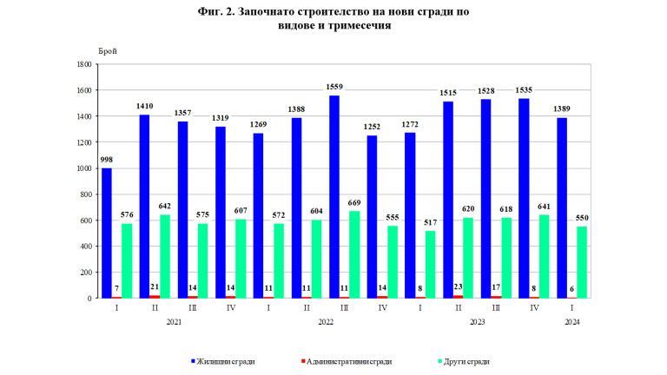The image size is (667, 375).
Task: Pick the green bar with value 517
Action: coord(430,264)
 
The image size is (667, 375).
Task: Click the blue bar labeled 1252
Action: coord(372,217)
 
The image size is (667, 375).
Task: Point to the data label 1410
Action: coord(145,107)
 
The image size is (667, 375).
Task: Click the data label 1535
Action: coord(524,90)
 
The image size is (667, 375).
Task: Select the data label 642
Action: coord(165,207)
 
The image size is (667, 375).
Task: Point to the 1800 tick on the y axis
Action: coord(85,64)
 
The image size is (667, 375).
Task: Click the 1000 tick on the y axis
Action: coord(85,168)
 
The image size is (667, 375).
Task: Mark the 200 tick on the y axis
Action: coord(87,273)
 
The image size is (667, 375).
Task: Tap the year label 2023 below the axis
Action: coord(477,323)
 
